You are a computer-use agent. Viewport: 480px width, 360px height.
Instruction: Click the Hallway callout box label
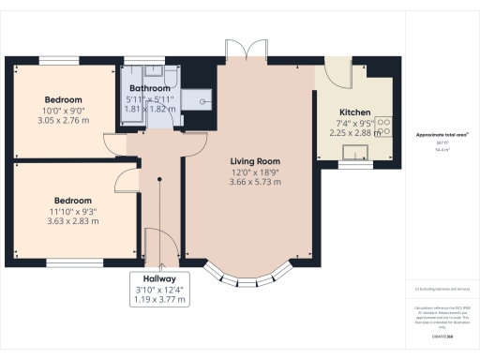(x=157, y=279)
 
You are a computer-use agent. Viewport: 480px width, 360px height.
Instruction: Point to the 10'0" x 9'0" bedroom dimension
(x=64, y=112)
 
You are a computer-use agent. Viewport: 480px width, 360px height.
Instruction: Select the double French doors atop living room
(x=243, y=52)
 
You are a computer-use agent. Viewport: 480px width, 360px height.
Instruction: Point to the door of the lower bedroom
(x=128, y=183)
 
